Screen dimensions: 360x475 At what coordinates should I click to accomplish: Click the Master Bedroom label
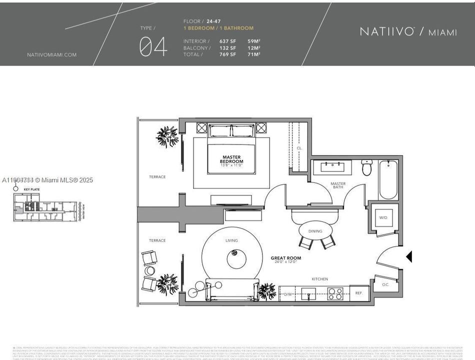pyautogui.click(x=231, y=159)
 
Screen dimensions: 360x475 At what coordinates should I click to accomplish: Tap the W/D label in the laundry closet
pyautogui.click(x=383, y=217)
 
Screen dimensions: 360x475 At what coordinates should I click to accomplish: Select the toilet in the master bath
pyautogui.click(x=366, y=168)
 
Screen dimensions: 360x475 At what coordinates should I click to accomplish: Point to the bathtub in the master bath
pyautogui.click(x=388, y=179)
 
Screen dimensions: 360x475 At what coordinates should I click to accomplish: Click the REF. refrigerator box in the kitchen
pyautogui.click(x=359, y=293)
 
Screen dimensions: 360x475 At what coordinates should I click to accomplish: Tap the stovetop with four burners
pyautogui.click(x=335, y=293)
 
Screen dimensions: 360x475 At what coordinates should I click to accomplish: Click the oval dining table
pyautogui.click(x=315, y=230)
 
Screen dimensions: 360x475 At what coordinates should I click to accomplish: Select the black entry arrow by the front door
pyautogui.click(x=409, y=256)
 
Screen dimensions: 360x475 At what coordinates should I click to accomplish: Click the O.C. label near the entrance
pyautogui.click(x=385, y=285)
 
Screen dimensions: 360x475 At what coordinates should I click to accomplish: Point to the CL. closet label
pyautogui.click(x=299, y=148)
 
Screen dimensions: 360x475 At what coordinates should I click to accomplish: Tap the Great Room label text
pyautogui.click(x=286, y=258)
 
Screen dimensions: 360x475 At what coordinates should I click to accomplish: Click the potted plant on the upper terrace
pyautogui.click(x=167, y=135)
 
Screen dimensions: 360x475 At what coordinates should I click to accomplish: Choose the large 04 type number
pyautogui.click(x=153, y=46)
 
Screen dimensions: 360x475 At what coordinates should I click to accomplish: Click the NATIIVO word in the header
pyautogui.click(x=387, y=31)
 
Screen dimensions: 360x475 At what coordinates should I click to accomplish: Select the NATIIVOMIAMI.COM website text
pyautogui.click(x=52, y=55)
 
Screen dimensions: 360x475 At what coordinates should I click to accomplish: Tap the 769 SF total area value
pyautogui.click(x=227, y=54)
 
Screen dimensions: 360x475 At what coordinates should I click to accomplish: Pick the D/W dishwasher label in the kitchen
pyautogui.click(x=287, y=294)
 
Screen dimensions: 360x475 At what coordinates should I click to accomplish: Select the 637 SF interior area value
pyautogui.click(x=227, y=41)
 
